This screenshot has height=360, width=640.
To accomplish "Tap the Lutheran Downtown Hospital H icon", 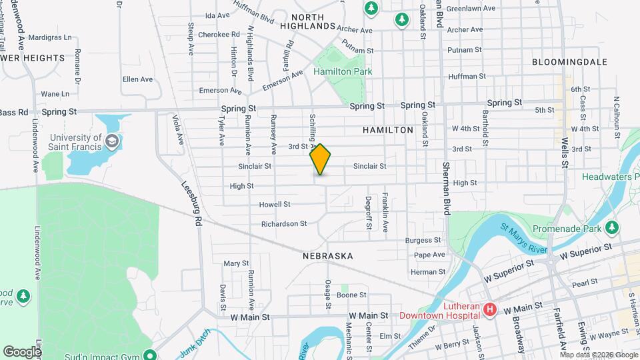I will click(x=490, y=309).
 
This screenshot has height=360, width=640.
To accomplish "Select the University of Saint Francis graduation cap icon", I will click(x=113, y=141).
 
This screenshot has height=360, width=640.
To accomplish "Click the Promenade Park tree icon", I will click(x=613, y=228).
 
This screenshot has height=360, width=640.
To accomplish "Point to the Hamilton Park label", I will click(x=343, y=71).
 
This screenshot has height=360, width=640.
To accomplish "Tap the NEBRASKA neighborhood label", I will click(x=327, y=256).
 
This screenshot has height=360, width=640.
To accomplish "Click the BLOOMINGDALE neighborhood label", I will click(x=569, y=61).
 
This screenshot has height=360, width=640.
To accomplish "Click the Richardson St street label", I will click(x=284, y=224).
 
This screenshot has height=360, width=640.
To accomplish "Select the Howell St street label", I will click(x=275, y=204).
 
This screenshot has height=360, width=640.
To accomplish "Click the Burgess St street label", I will click(x=424, y=240).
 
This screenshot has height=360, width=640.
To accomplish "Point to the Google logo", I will click(x=22, y=351).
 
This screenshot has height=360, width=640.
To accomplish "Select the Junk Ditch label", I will click(x=195, y=345).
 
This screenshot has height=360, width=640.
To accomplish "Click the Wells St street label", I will click(x=566, y=151).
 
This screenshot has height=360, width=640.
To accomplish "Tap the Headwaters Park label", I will click(x=610, y=177).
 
